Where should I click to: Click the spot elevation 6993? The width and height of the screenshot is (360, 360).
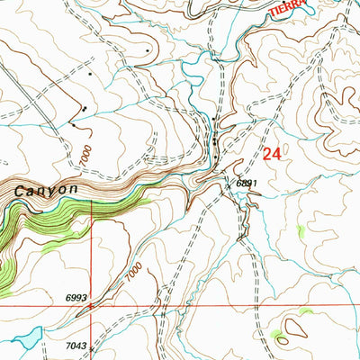[77, 298]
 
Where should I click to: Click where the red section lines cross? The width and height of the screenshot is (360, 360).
[92, 306]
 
